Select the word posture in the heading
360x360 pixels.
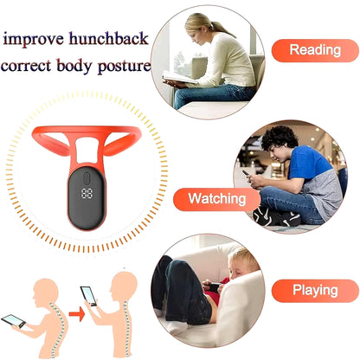(x=122, y=67)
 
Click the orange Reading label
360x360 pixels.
(x=314, y=50)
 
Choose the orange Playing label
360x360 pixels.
(x=314, y=291)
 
